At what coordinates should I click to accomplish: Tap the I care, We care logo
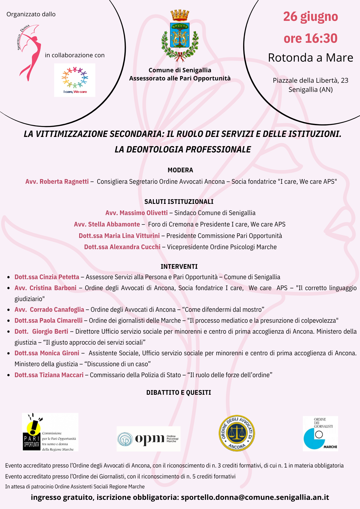pyautogui.click(x=75, y=80)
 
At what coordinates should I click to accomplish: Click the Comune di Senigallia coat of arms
pyautogui.click(x=180, y=36)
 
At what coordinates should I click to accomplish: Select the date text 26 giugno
pyautogui.click(x=310, y=17)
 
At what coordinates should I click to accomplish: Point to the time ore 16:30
pyautogui.click(x=310, y=38)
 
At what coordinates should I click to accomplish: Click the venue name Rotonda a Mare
pyautogui.click(x=310, y=58)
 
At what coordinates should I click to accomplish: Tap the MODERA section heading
pyautogui.click(x=180, y=170)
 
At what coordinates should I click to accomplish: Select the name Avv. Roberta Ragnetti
pyautogui.click(x=57, y=181)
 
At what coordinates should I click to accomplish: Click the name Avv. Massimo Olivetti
pyautogui.click(x=136, y=213)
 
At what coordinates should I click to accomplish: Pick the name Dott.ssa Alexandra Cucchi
pyautogui.click(x=122, y=247)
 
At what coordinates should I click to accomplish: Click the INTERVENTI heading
pyautogui.click(x=179, y=266)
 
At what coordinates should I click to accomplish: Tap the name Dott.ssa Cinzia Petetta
pyautogui.click(x=47, y=277)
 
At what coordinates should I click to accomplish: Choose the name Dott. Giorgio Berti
pyautogui.click(x=41, y=331)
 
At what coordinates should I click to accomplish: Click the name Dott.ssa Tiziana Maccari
pyautogui.click(x=49, y=375)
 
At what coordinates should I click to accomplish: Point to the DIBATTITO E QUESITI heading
pyautogui.click(x=178, y=392)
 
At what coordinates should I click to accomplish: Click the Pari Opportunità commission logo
pyautogui.click(x=50, y=432)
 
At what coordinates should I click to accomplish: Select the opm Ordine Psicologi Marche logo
pyautogui.click(x=148, y=439)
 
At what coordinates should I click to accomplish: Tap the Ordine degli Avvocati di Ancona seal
pyautogui.click(x=237, y=433)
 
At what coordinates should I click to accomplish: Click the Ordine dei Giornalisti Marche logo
pyautogui.click(x=320, y=433)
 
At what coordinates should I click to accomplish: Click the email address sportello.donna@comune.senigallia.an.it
pyautogui.click(x=255, y=497)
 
